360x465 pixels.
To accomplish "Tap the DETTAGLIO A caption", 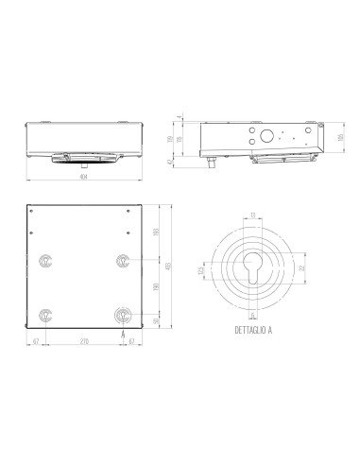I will click(251, 332).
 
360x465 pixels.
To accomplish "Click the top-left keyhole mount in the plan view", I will click(44, 260).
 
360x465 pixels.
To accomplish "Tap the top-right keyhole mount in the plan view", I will click(122, 260).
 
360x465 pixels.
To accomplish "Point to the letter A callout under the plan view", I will click(123, 334).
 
